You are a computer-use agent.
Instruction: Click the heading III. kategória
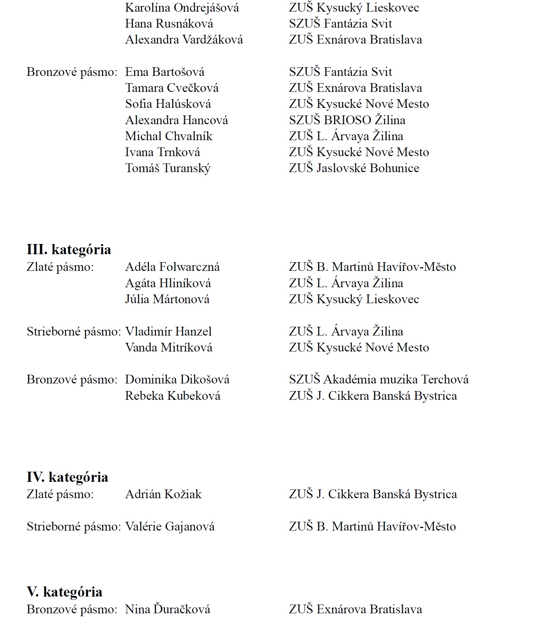point(69,250)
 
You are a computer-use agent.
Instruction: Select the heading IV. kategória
point(67,477)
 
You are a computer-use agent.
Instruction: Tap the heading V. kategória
point(64,592)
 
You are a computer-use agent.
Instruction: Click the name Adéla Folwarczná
point(172,267)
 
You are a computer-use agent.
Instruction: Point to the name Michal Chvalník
point(169,136)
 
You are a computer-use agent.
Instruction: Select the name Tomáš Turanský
point(168,168)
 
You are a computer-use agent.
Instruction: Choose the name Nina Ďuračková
point(168,609)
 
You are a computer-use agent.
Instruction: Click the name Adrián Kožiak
point(163,494)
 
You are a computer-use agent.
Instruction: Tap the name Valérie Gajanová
point(170,527)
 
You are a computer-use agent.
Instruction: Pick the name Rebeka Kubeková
point(173,396)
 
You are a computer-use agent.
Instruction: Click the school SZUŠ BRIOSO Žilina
point(347,120)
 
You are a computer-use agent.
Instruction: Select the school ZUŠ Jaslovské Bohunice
point(354,168)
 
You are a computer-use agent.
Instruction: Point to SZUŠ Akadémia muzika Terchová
point(379,379)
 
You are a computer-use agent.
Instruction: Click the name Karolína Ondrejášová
point(182,8)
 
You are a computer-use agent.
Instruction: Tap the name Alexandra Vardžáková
point(184,40)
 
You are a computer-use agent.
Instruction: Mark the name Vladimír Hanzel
point(168,332)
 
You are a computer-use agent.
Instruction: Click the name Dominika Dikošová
point(177,379)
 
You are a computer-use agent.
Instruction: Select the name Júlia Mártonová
point(167,300)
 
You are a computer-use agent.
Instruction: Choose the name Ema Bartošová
point(165,72)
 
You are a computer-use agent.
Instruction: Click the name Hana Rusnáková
point(169,24)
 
